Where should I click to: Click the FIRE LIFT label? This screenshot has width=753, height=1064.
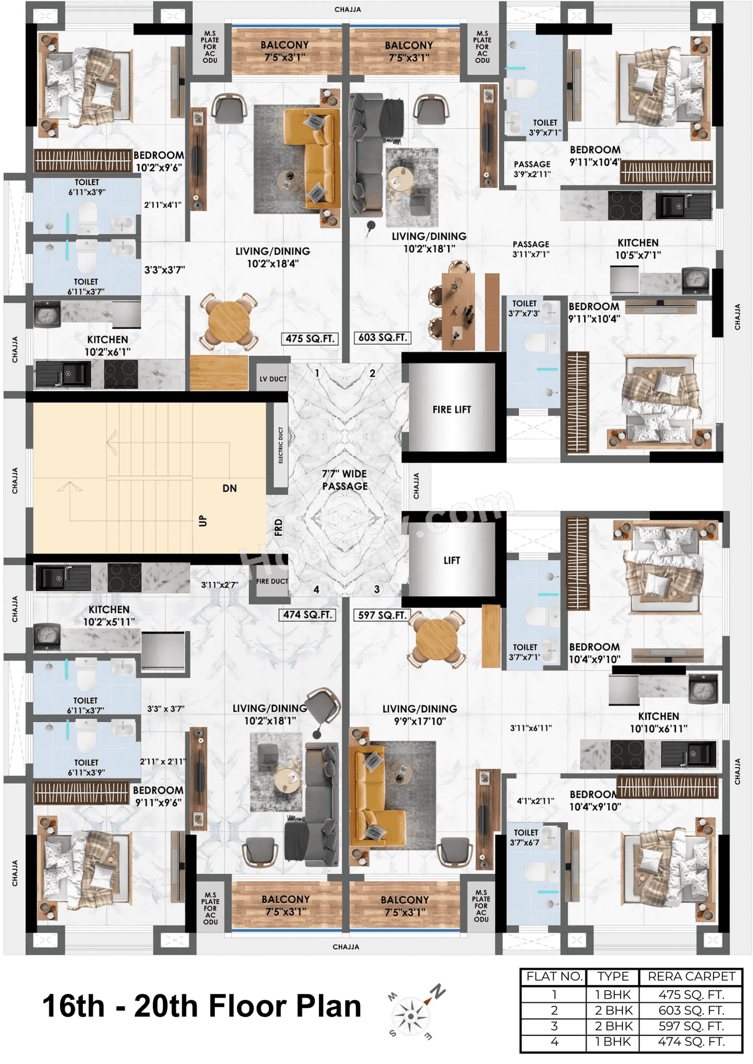pyautogui.click(x=451, y=410)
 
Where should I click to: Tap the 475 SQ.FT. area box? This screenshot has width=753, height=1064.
pyautogui.click(x=310, y=339)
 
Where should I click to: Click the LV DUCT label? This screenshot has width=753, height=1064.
pyautogui.click(x=273, y=379)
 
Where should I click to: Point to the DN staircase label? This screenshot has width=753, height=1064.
pyautogui.click(x=229, y=488)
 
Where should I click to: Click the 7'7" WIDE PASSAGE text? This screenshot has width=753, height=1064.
pyautogui.click(x=344, y=480)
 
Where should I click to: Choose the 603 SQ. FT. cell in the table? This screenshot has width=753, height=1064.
pyautogui.click(x=691, y=1011)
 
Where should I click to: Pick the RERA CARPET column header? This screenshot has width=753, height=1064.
pyautogui.click(x=691, y=976)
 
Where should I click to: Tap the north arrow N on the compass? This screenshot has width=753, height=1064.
pyautogui.click(x=437, y=991)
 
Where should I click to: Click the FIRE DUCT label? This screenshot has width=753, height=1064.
pyautogui.click(x=272, y=581)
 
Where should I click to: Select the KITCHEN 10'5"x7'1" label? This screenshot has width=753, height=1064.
pyautogui.click(x=638, y=249)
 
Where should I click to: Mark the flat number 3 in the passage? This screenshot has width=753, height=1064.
pyautogui.click(x=376, y=589)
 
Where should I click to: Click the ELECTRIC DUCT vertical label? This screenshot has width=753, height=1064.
pyautogui.click(x=281, y=445)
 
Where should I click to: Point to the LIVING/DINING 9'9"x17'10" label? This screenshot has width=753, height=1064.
pyautogui.click(x=419, y=715)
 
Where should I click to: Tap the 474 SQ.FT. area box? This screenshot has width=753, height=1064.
pyautogui.click(x=306, y=615)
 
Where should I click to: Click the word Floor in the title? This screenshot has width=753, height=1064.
pyautogui.click(x=248, y=1006)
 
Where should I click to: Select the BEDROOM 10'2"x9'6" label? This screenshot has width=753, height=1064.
pyautogui.click(x=159, y=161)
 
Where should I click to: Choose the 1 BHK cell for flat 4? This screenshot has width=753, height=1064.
pyautogui.click(x=613, y=1042)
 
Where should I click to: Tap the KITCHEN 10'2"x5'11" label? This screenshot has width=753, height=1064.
pyautogui.click(x=109, y=615)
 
